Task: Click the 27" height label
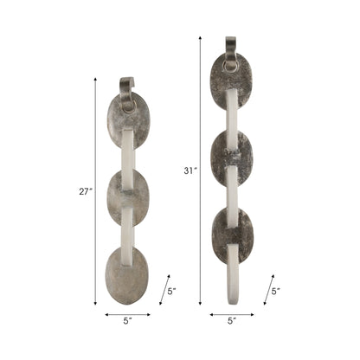86,192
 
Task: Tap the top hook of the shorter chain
127,89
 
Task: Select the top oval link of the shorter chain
128,121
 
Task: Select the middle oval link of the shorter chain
128,197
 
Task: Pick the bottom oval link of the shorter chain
128,275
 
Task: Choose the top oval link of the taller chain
230,81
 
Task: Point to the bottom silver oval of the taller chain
231,235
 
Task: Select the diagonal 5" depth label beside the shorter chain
171,292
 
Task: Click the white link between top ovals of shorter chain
128,157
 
